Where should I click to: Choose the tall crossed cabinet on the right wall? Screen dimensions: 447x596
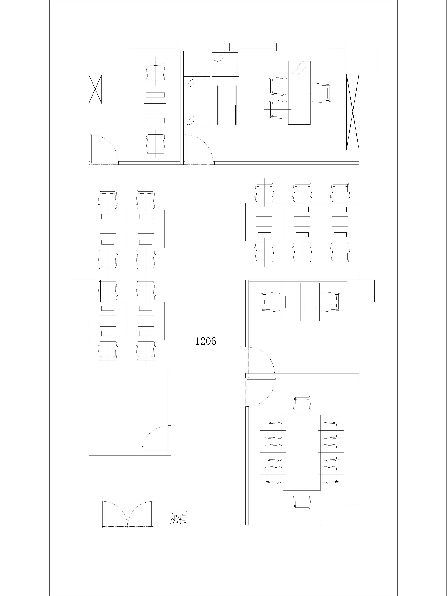353,112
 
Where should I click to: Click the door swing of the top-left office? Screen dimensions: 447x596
104,149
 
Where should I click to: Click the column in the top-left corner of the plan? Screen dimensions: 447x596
92,59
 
